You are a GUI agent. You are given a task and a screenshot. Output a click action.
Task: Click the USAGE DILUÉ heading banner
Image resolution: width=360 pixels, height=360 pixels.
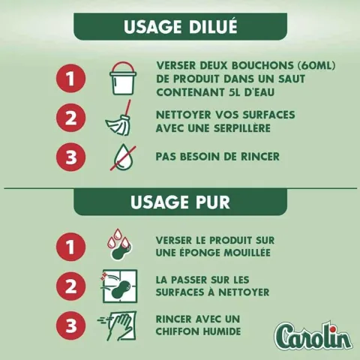[180, 26]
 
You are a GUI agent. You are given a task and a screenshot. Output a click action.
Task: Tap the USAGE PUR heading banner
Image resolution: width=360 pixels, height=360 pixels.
[180, 202]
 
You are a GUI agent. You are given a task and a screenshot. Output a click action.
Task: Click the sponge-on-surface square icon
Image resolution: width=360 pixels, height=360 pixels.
[119, 286]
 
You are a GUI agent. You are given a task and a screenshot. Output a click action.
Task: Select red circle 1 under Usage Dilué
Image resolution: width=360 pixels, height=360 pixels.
[71, 78]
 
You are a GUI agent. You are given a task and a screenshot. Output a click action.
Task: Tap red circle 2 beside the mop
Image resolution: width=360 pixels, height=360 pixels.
[71, 118]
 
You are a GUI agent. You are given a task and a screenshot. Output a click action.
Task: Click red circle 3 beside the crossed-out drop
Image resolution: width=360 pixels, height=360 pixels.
[71, 157]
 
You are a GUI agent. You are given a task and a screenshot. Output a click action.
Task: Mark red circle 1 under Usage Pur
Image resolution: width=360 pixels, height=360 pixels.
[71, 246]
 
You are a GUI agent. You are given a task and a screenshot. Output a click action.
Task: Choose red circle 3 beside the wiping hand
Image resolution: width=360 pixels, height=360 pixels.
[71, 325]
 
